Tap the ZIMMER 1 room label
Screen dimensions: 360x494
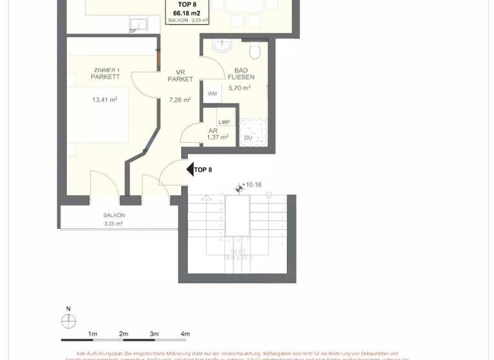pos(106,70)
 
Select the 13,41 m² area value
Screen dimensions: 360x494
pos(104,100)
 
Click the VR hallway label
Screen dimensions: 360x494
pos(181,73)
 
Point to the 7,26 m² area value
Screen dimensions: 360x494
pos(180,100)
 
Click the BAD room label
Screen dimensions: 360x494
pos(241,71)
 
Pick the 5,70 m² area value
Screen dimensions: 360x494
pos(239,88)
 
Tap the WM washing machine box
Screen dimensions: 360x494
pos(212,94)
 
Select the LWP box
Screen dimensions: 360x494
pos(224,122)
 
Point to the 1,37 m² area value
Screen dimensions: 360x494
pos(218,137)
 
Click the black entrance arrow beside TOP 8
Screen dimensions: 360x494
pos(190,169)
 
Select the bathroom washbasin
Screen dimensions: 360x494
pos(221,47)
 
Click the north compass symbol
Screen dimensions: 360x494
pos(68,321)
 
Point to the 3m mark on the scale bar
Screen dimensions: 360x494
pos(154,334)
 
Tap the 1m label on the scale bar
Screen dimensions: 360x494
pos(93,334)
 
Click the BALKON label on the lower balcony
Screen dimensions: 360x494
pos(114,215)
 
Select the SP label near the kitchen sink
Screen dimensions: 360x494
pos(133,31)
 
